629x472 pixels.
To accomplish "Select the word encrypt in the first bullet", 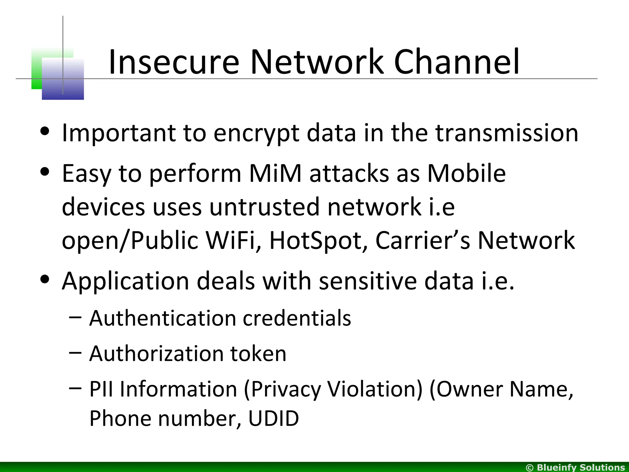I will [x=256, y=133].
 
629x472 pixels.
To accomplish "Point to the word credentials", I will [x=297, y=318].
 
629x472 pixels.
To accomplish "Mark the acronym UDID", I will [x=273, y=419].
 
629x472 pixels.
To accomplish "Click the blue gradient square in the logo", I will [x=63, y=79].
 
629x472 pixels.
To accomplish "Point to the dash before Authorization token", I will [x=76, y=352].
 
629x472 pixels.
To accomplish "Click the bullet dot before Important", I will [x=45, y=132].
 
